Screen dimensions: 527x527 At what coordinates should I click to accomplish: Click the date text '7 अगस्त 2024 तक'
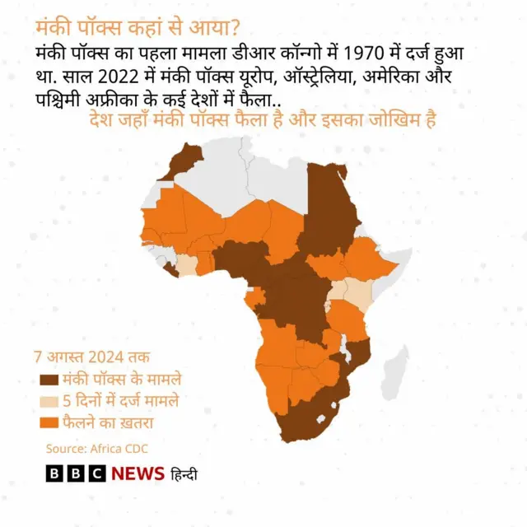click(91, 358)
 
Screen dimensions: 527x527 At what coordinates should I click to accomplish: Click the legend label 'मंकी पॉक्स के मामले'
click(123, 380)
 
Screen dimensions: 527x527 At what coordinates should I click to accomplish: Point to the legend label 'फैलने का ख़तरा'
click(108, 423)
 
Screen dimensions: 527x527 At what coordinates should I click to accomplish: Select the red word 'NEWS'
click(138, 474)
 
